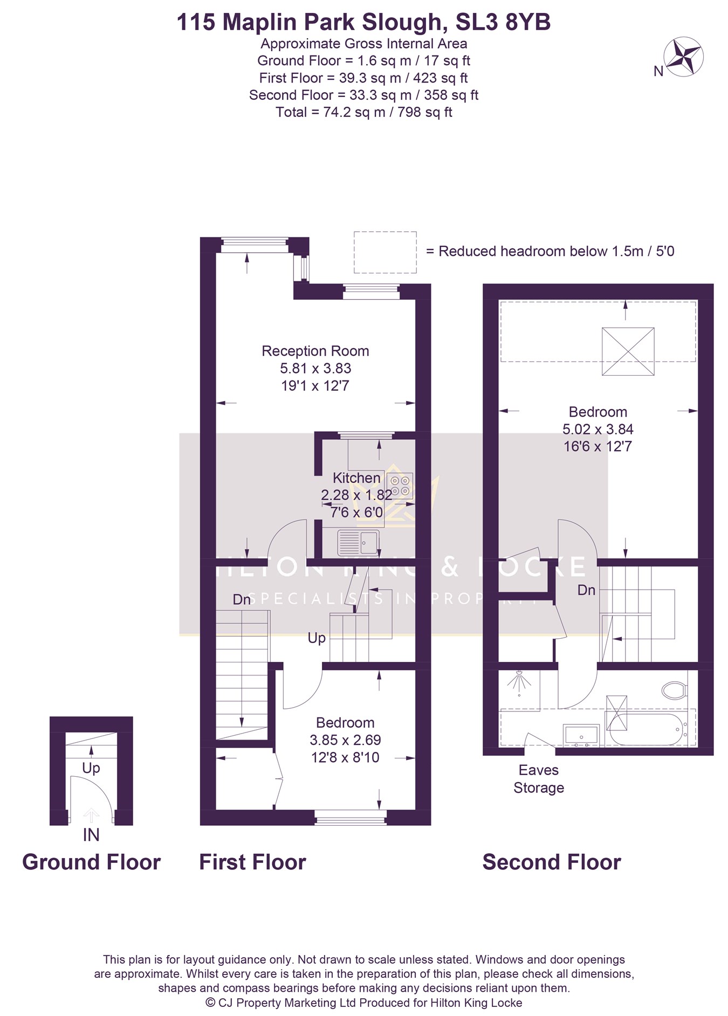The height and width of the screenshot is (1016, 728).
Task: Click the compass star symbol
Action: tap(684, 56)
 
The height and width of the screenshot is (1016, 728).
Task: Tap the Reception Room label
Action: tap(315, 351)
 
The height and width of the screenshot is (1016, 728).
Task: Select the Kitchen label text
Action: tap(356, 478)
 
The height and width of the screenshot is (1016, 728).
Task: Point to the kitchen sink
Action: tap(358, 542)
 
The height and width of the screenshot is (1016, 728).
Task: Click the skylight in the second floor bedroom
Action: tap(628, 351)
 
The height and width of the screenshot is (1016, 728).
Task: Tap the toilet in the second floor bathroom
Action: tap(674, 689)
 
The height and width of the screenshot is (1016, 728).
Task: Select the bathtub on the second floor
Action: tap(646, 729)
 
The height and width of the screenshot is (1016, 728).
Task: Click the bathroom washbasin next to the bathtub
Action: tap(581, 735)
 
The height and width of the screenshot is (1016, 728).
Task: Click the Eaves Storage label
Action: tap(539, 779)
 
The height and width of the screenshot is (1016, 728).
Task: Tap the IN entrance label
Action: tap(91, 835)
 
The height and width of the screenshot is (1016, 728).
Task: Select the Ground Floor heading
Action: tap(91, 862)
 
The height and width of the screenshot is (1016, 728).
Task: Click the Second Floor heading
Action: tap(552, 862)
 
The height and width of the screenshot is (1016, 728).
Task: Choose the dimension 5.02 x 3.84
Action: tap(598, 429)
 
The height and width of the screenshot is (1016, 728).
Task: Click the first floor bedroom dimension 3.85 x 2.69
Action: tap(345, 740)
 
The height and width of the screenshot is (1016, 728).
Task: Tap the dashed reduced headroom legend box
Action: tap(385, 252)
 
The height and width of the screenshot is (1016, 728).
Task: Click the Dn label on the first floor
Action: tap(242, 599)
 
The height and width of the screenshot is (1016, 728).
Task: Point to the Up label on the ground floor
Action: tap(91, 768)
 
